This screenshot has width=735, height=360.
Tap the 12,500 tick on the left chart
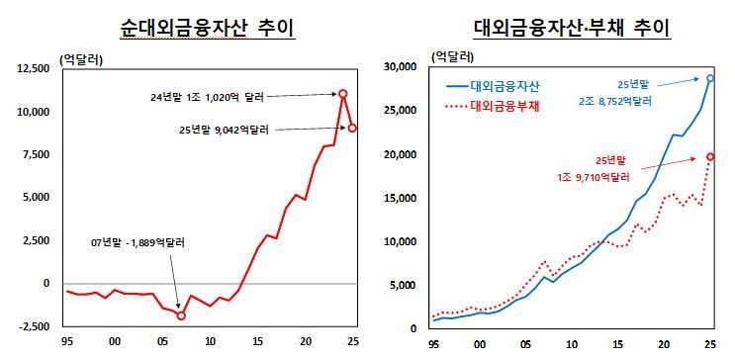point(36,68)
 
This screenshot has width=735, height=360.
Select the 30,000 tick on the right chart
point(405,67)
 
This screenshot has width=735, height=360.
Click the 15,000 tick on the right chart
point(405,198)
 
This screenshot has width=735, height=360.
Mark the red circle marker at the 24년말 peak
point(342,94)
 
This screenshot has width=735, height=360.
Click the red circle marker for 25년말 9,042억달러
point(352,128)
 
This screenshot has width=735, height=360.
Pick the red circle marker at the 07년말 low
point(181,315)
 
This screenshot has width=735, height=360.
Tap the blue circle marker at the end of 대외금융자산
point(710,78)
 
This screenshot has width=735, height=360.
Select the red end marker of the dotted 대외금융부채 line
point(710,156)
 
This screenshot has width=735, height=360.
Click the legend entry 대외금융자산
point(504,85)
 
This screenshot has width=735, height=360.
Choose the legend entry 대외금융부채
point(504,105)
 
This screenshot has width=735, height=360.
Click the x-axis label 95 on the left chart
point(66,341)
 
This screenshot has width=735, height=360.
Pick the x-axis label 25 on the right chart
point(710,347)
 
